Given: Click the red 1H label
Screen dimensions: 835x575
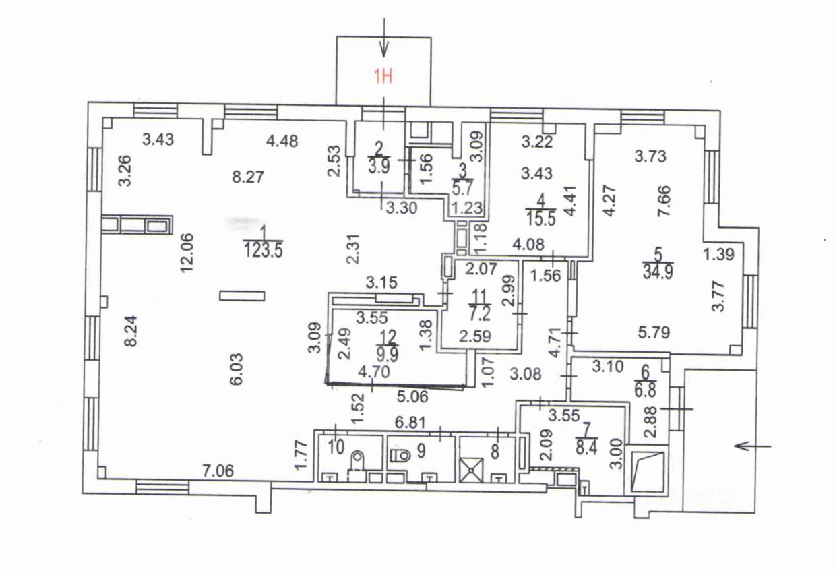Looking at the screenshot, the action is click(383, 76).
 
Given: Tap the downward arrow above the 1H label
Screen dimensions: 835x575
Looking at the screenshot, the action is click(384, 40).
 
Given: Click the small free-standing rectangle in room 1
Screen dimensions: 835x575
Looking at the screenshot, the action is click(242, 295).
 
